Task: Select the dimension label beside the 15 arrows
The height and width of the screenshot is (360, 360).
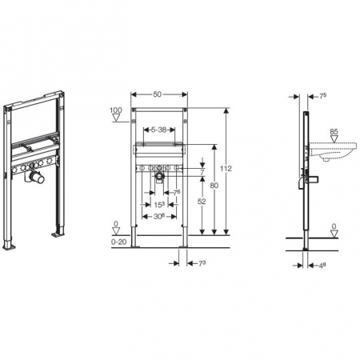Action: point(177,191)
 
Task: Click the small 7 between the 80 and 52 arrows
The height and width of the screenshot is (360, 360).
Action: point(202,172)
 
